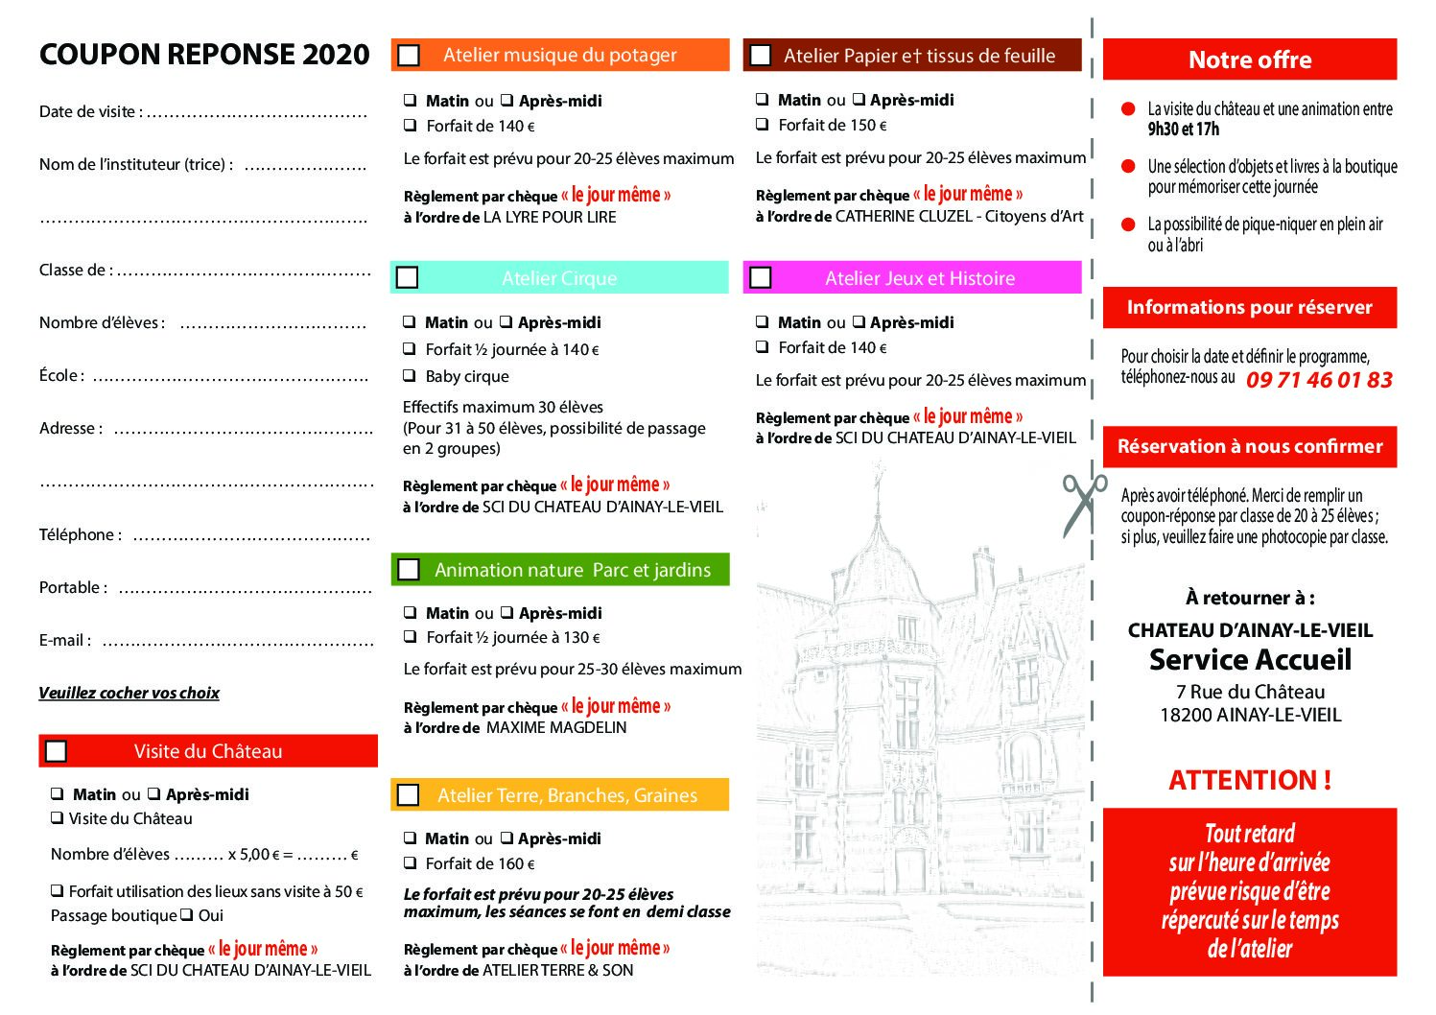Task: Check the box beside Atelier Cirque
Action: point(408,278)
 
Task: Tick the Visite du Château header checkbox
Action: point(57,751)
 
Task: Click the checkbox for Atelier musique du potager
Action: point(409,56)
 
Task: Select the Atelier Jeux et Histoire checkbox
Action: point(761,278)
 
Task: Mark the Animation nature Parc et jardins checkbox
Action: point(409,570)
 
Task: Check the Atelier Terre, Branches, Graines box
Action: point(409,795)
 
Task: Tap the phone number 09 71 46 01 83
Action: point(1319,380)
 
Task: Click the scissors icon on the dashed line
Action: point(1083,504)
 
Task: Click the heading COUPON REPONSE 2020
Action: point(204,55)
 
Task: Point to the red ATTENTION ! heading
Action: point(1249,780)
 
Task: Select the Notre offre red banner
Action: point(1249,59)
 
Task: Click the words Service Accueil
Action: point(1250,660)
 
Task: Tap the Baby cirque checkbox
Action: point(410,376)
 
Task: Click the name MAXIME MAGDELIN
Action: point(556,728)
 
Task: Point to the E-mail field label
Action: point(65,641)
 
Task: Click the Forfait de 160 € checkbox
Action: point(411,863)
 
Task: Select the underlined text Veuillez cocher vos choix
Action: point(129,693)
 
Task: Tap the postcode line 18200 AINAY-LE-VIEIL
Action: point(1250,715)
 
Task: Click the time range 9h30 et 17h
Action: point(1183,130)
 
